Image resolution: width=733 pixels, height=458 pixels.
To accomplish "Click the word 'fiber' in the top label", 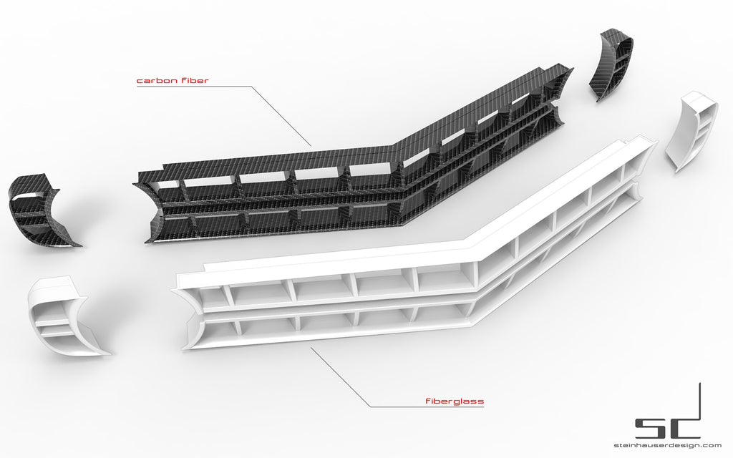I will pyautogui.click(x=191, y=81).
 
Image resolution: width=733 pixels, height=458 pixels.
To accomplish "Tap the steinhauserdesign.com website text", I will pyautogui.click(x=666, y=446).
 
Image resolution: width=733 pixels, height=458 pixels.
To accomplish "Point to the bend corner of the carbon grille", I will pyautogui.click(x=397, y=154).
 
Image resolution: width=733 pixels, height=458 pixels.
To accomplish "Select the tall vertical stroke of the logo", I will pyautogui.click(x=699, y=408).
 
